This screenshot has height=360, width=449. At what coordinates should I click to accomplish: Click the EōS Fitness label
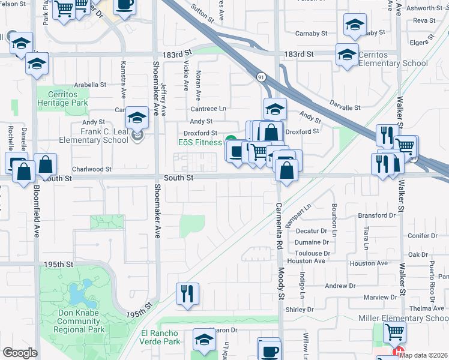(x=200, y=143)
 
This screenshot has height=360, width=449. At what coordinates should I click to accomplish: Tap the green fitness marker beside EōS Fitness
(x=231, y=142)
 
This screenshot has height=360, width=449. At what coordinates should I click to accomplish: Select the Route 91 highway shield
(x=261, y=77)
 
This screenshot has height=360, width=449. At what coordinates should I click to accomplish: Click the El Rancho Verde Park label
(x=160, y=337)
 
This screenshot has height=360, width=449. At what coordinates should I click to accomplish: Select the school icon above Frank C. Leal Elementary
(x=137, y=118)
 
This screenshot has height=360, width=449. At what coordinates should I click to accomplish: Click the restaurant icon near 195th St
(x=187, y=293)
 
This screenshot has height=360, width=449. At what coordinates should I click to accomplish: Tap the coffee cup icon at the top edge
(x=124, y=5)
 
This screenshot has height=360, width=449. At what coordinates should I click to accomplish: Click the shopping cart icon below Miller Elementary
(x=394, y=331)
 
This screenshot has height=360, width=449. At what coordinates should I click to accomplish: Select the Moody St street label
(x=280, y=283)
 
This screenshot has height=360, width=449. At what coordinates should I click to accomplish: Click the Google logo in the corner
(x=20, y=353)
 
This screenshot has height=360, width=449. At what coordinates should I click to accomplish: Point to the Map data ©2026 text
(x=424, y=355)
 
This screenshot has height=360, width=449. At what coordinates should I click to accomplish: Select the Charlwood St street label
(x=92, y=170)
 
